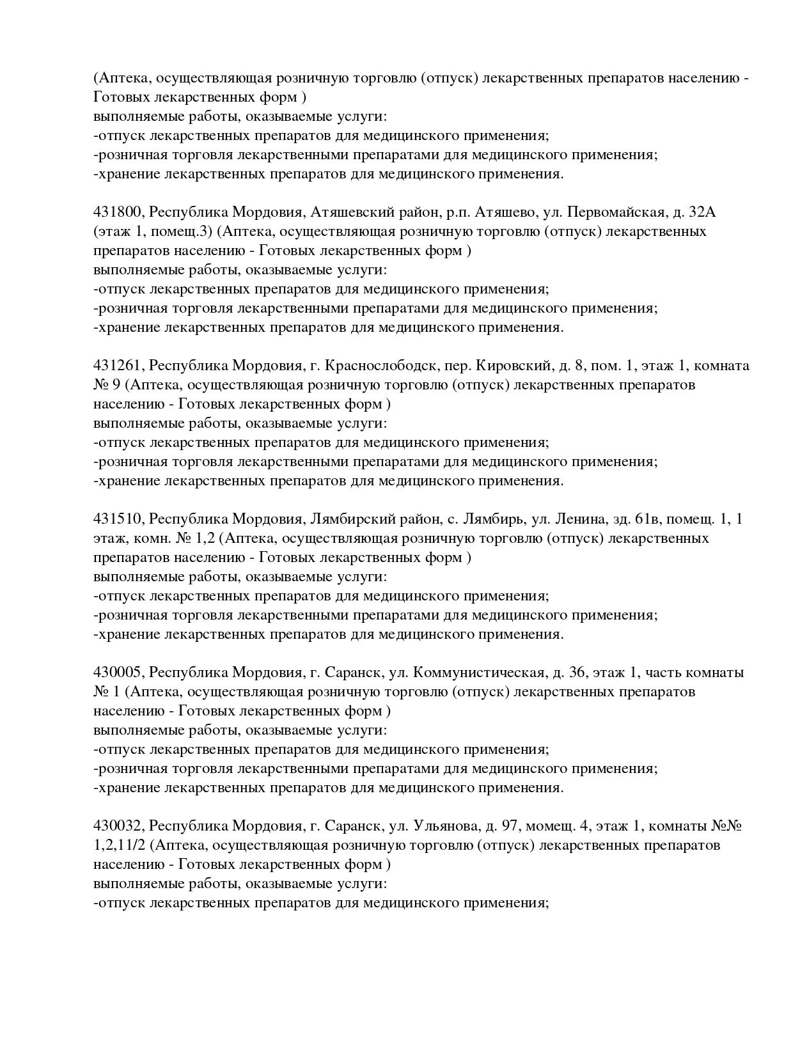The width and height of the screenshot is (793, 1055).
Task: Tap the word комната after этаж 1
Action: point(721,366)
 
